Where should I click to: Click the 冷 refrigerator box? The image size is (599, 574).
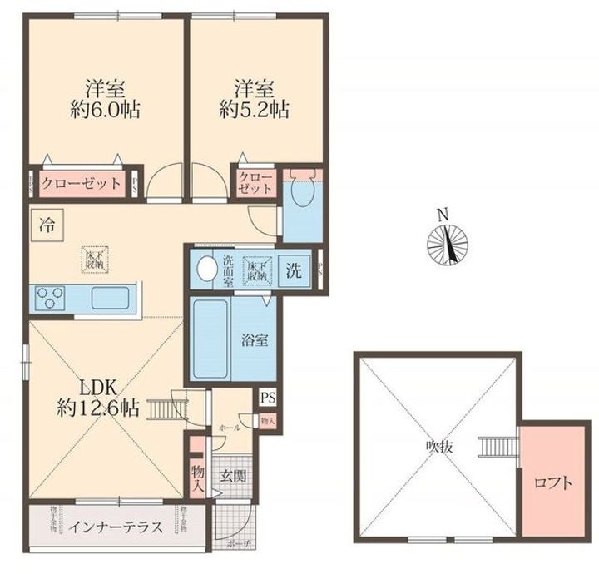point(46,223)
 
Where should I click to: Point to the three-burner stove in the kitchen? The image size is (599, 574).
point(49,297)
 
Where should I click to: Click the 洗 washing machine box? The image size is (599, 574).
point(295,270)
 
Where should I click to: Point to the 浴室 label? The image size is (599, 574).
point(254,340)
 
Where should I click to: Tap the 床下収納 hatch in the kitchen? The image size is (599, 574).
point(93,259)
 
